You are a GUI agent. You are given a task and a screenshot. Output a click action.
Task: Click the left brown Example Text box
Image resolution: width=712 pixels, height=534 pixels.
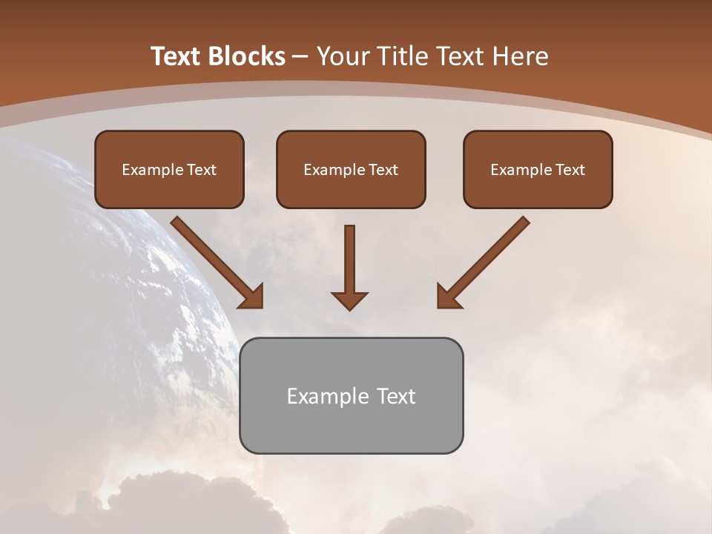pyautogui.click(x=169, y=169)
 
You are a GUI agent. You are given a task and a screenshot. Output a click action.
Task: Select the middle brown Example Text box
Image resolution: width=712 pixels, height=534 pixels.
pyautogui.click(x=351, y=169)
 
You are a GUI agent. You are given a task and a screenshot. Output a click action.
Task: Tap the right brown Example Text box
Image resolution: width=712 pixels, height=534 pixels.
pyautogui.click(x=538, y=169)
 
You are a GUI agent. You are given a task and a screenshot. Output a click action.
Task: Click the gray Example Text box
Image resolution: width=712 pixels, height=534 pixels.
pyautogui.click(x=351, y=395)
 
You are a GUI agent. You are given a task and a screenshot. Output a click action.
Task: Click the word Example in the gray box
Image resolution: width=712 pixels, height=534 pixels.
pyautogui.click(x=322, y=396)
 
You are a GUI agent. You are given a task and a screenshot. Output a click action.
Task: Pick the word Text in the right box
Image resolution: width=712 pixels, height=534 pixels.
pyautogui.click(x=571, y=170)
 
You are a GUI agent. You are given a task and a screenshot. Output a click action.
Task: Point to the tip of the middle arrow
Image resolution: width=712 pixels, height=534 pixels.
pyautogui.click(x=349, y=308)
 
